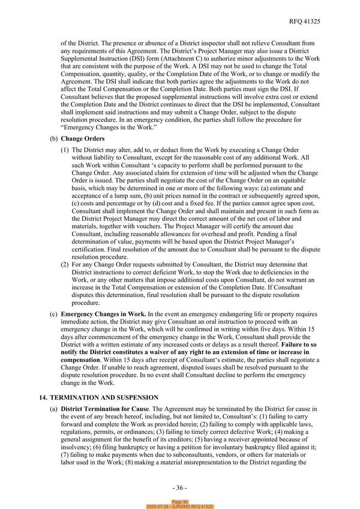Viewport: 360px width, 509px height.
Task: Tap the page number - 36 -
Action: click(x=180, y=487)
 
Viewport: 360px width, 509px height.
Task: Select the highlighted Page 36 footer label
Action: click(x=180, y=501)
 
